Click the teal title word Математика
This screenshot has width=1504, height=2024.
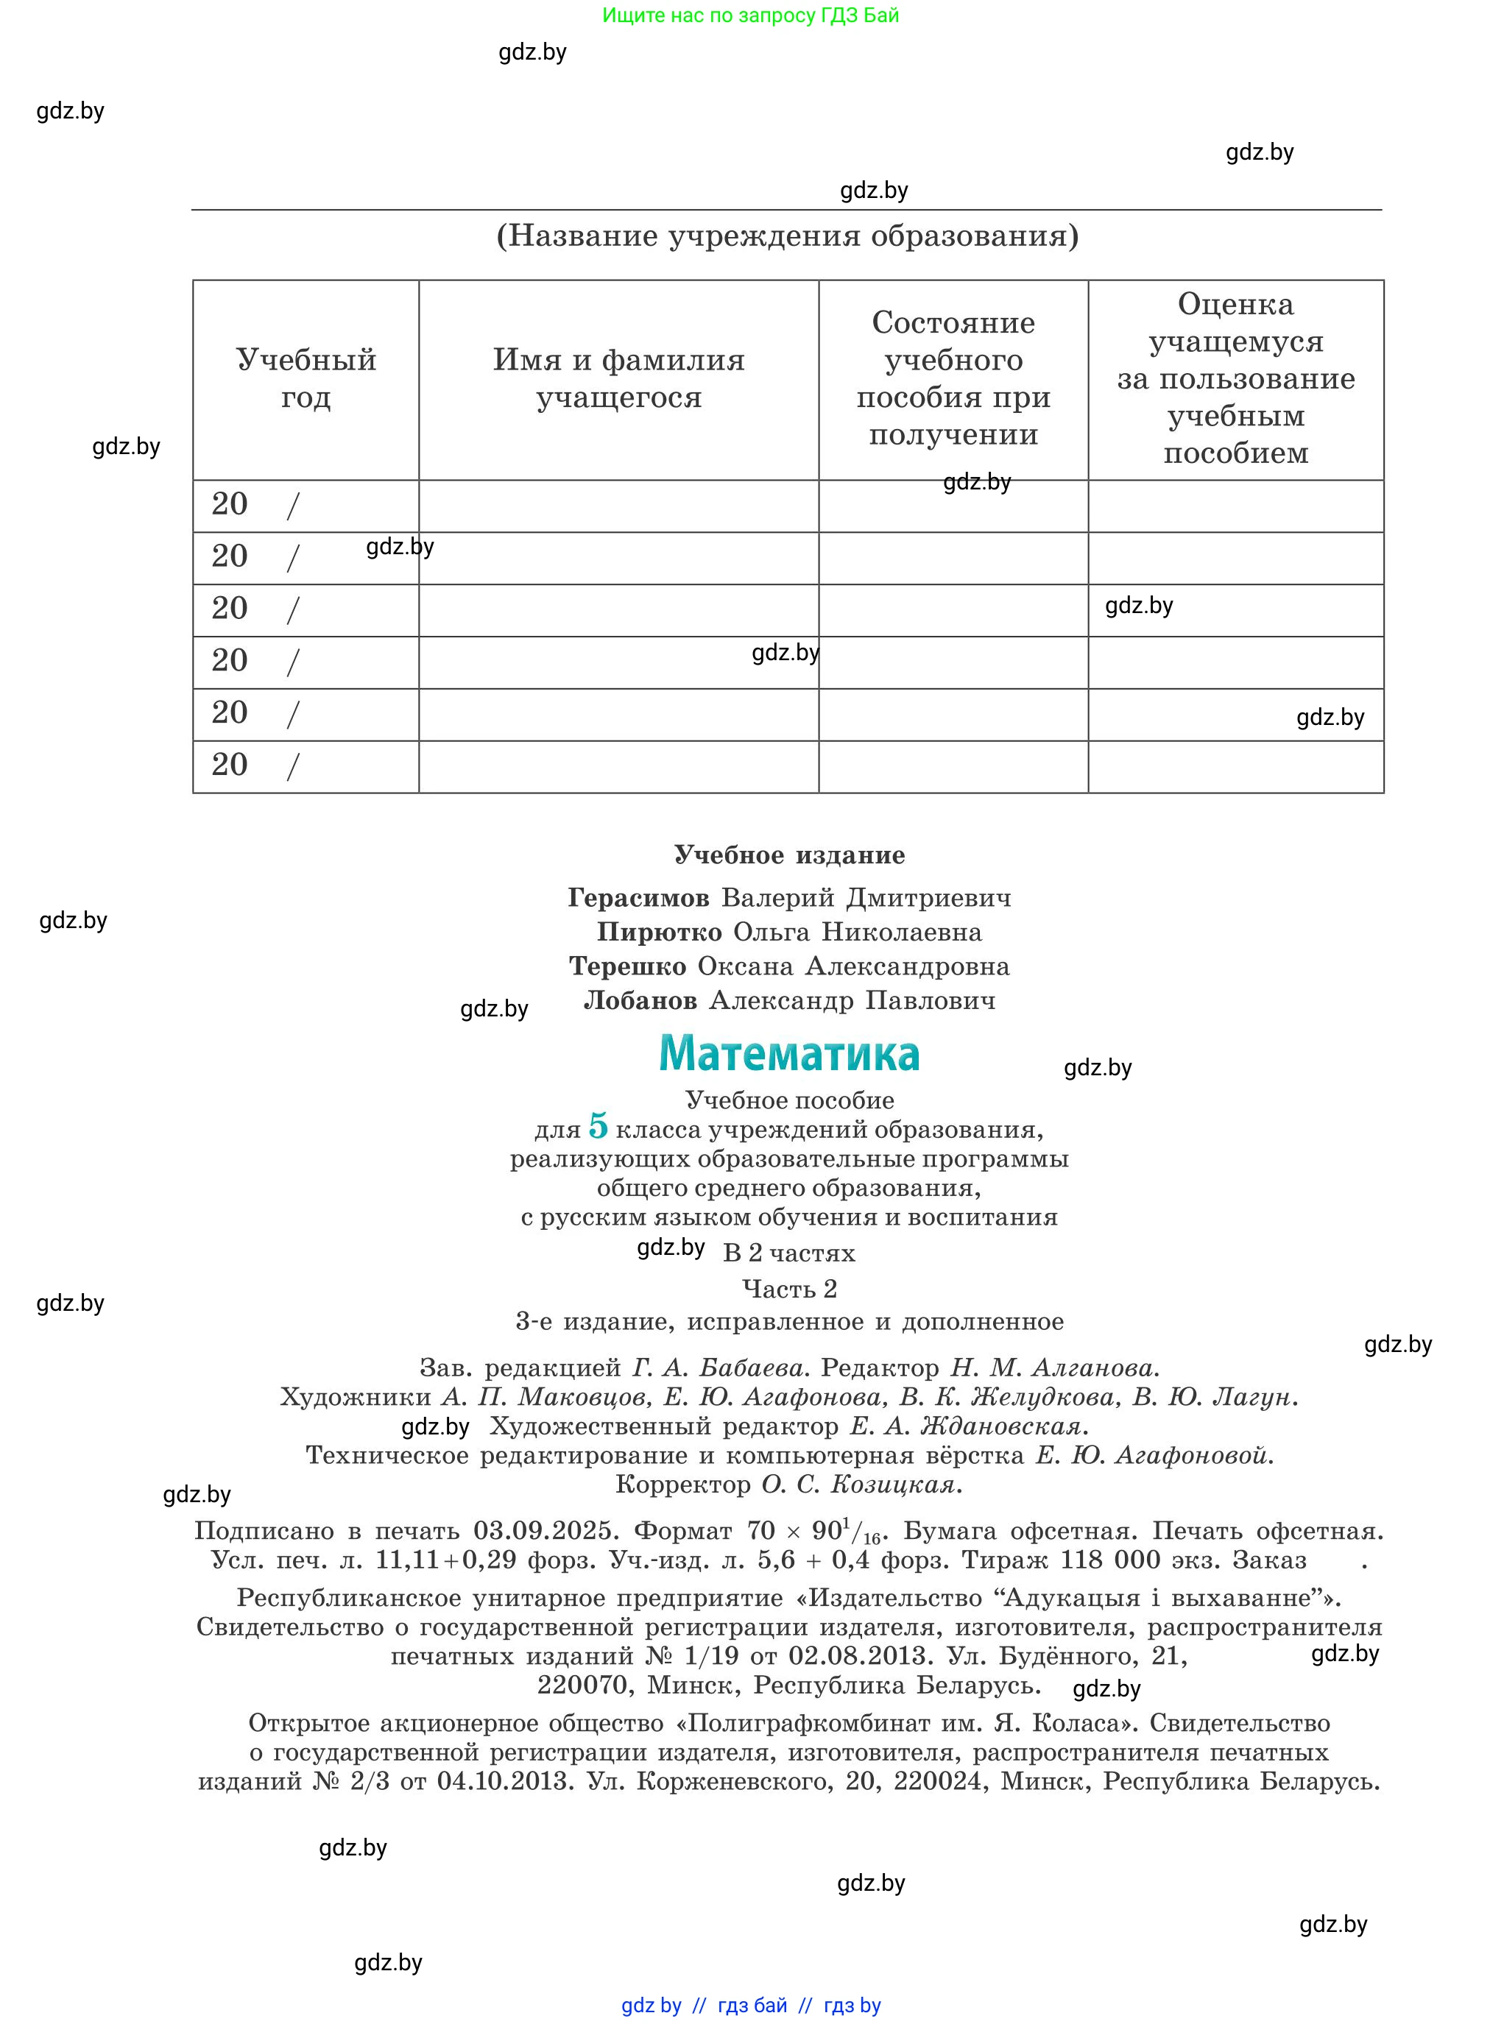pyautogui.click(x=788, y=1054)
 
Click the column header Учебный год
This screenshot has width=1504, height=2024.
pyautogui.click(x=306, y=378)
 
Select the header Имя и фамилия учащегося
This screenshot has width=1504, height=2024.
pyautogui.click(x=618, y=378)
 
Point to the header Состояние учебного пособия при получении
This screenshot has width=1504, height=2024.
pyautogui.click(x=953, y=378)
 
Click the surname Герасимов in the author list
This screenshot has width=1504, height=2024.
pyautogui.click(x=638, y=898)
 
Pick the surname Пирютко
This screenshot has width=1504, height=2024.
pyautogui.click(x=659, y=932)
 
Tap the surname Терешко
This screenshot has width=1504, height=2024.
pyautogui.click(x=627, y=966)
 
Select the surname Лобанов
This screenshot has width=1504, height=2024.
pyautogui.click(x=640, y=1000)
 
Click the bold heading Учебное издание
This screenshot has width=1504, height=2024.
pyautogui.click(x=789, y=854)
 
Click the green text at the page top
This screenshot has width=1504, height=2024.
pyautogui.click(x=750, y=15)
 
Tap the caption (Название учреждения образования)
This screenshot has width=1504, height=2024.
pyautogui.click(x=788, y=236)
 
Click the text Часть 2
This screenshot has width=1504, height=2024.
pyautogui.click(x=789, y=1289)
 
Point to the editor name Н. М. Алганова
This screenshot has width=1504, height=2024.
pyautogui.click(x=1055, y=1367)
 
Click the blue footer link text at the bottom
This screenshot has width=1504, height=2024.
pyautogui.click(x=751, y=2005)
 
